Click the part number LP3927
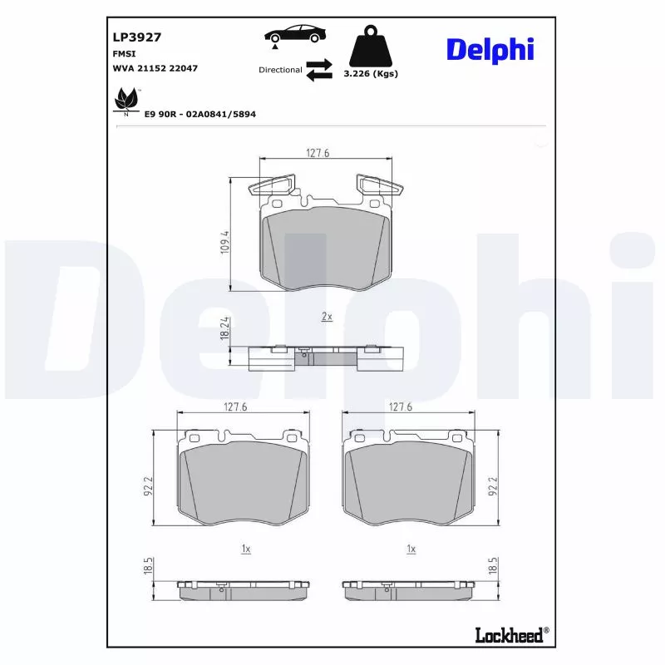[136, 37]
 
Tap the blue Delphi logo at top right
[490, 49]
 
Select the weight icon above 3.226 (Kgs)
[370, 49]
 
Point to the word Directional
[280, 70]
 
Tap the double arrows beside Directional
[318, 70]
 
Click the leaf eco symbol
[126, 101]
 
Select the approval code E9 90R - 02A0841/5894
[199, 113]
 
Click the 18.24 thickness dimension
[224, 327]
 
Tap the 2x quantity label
[327, 317]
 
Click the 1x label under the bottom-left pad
[246, 549]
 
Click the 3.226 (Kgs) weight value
[371, 73]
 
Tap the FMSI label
[125, 52]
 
